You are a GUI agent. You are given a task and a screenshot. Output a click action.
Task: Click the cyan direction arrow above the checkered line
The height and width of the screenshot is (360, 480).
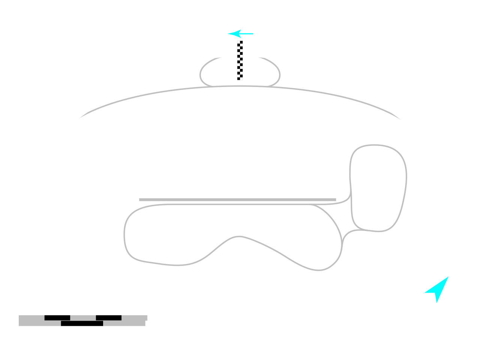(240, 34)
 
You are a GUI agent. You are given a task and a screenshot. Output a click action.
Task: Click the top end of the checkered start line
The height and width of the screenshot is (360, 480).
(240, 42)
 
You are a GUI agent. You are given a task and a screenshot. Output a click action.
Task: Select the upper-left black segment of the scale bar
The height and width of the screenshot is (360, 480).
(57, 318)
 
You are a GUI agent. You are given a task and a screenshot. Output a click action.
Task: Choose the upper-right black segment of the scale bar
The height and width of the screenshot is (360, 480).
(109, 318)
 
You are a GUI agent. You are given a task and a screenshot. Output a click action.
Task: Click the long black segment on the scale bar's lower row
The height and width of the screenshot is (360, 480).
(82, 323)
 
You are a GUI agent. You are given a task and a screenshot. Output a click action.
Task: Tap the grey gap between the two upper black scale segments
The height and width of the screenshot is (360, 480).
(83, 318)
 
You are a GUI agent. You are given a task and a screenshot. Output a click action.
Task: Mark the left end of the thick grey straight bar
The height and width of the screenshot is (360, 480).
(140, 199)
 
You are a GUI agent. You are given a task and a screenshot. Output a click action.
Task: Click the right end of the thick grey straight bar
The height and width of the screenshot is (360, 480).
(335, 199)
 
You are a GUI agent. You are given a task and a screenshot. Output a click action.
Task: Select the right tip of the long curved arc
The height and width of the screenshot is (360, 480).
(400, 119)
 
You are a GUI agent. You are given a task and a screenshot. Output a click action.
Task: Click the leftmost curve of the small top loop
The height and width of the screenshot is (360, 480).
(201, 74)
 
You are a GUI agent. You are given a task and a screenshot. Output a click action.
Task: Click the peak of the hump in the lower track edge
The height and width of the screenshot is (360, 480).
(239, 237)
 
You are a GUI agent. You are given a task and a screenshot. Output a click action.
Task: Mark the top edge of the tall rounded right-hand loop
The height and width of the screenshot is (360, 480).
(375, 145)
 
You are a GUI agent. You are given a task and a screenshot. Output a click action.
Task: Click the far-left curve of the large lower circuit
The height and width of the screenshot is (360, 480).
(124, 234)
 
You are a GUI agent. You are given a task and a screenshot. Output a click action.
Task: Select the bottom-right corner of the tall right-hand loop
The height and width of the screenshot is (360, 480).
(390, 227)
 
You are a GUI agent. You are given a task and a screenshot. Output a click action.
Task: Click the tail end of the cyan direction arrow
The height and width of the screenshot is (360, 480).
(253, 34)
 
